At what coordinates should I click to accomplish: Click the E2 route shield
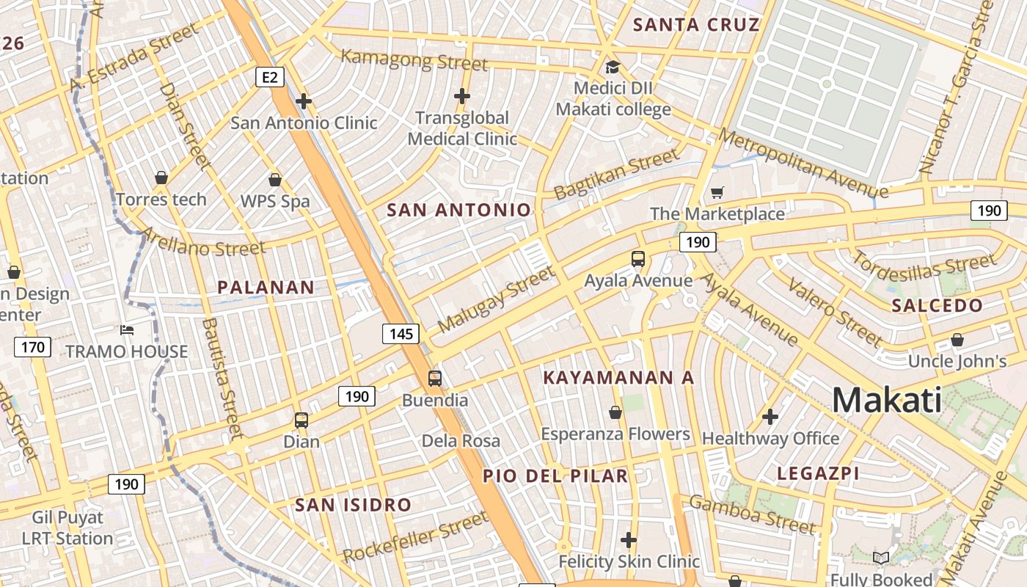[x=270, y=77]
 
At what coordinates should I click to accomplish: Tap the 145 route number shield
[x=401, y=334]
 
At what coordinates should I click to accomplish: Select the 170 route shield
[x=33, y=347]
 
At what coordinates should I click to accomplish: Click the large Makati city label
[x=886, y=401]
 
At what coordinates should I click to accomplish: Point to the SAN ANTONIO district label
[x=458, y=211]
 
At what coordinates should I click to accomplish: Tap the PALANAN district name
[x=266, y=288]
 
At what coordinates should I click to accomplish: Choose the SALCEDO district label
[x=937, y=306]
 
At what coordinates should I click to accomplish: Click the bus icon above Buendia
[x=435, y=379]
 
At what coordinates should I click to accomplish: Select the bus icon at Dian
[x=301, y=420]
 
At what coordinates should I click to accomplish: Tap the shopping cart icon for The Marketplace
[x=717, y=193]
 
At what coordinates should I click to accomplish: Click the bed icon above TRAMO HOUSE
[x=127, y=330]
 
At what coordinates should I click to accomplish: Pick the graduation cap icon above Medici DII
[x=612, y=68]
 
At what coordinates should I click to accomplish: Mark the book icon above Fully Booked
[x=881, y=558]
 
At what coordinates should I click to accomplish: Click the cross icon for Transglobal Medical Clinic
[x=462, y=96]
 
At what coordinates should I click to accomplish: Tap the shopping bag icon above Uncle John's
[x=957, y=340]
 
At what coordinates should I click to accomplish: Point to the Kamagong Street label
[x=414, y=59]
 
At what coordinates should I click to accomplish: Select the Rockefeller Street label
[x=415, y=537]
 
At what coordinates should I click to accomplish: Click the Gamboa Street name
[x=752, y=514]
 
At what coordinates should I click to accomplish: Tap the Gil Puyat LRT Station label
[x=67, y=528]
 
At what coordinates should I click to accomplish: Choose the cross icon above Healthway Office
[x=770, y=417]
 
